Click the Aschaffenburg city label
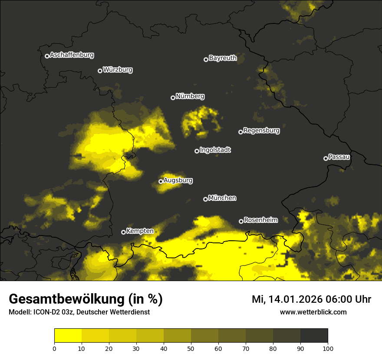coord(72,55)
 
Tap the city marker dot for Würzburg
coord(100,71)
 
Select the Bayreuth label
coord(223,58)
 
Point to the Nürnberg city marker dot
coord(173,98)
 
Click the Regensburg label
coord(261,131)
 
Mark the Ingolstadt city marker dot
coord(197,151)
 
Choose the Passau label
coord(339,157)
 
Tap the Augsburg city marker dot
coord(161,181)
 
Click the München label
coord(222,198)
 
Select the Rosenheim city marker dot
coord(241,222)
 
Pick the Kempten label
coord(140,231)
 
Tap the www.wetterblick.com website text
coord(313,312)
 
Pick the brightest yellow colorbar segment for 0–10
coord(68,336)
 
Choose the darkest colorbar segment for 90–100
coord(314,336)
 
